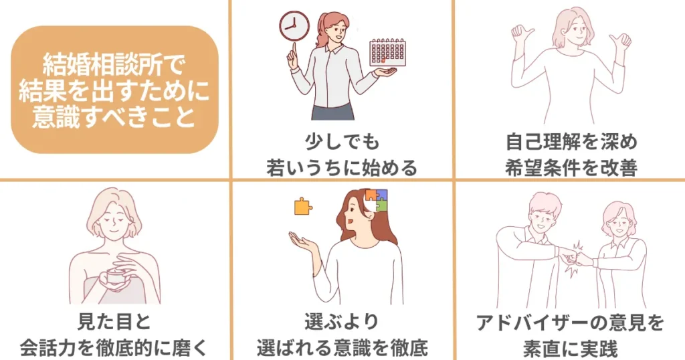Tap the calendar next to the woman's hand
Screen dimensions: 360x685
coord(389,52)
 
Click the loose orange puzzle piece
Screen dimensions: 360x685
coord(303,207)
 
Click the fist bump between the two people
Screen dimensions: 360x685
coord(577,258)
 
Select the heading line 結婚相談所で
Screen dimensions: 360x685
coord(115,66)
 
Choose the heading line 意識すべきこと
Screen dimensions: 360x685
coord(115,118)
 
